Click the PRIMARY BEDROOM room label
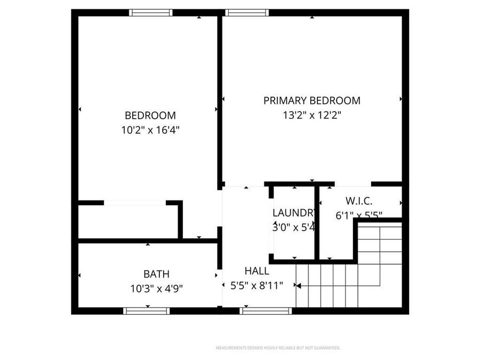(312, 100)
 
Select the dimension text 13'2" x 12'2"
(312, 115)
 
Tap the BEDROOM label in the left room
(150, 115)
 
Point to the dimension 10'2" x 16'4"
(150, 130)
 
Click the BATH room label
(156, 274)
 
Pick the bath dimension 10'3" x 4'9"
(156, 289)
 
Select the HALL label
(257, 271)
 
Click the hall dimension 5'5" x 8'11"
(257, 285)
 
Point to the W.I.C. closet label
(358, 201)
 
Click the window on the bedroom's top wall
(151, 13)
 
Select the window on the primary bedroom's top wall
(246, 13)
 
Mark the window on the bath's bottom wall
(146, 310)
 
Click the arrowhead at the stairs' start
(298, 286)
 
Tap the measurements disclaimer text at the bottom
(277, 348)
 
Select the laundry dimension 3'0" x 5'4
(294, 227)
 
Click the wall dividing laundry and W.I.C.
(317, 224)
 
